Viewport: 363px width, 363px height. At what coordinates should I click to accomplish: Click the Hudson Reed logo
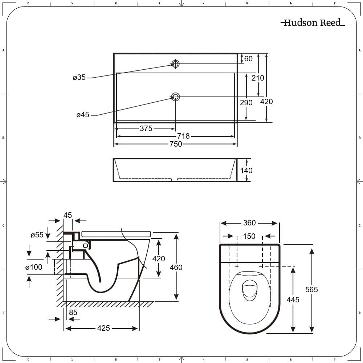[x=313, y=23]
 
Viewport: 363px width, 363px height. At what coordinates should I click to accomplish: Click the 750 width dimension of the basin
[x=176, y=144]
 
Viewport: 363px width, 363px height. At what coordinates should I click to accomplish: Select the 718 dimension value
[x=183, y=136]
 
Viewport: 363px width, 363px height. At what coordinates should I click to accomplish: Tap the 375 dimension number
[x=146, y=129]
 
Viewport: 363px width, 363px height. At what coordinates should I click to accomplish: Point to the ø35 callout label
[x=79, y=77]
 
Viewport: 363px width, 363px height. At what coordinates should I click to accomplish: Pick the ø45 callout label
[x=83, y=115]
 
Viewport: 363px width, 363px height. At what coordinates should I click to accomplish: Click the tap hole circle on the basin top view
[x=175, y=64]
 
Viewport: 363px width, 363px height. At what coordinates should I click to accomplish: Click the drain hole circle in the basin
[x=175, y=97]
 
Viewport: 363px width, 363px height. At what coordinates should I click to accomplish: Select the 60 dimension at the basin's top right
[x=248, y=59]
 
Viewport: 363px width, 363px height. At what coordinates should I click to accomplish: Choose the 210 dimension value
[x=258, y=78]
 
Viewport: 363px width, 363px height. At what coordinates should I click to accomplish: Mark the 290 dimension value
[x=246, y=103]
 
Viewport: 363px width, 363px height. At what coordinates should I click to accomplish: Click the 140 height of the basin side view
[x=246, y=171]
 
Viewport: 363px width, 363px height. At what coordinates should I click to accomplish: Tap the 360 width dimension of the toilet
[x=249, y=223]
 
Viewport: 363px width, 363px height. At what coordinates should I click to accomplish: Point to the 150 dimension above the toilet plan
[x=249, y=236]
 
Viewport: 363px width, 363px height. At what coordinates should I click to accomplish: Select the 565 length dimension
[x=311, y=289]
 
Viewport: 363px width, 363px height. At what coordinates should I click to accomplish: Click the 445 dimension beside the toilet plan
[x=293, y=300]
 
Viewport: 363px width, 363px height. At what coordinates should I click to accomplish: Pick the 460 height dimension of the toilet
[x=176, y=268]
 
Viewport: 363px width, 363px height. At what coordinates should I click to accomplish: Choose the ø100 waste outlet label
[x=34, y=267]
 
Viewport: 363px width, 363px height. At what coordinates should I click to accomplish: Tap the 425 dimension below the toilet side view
[x=103, y=328]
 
